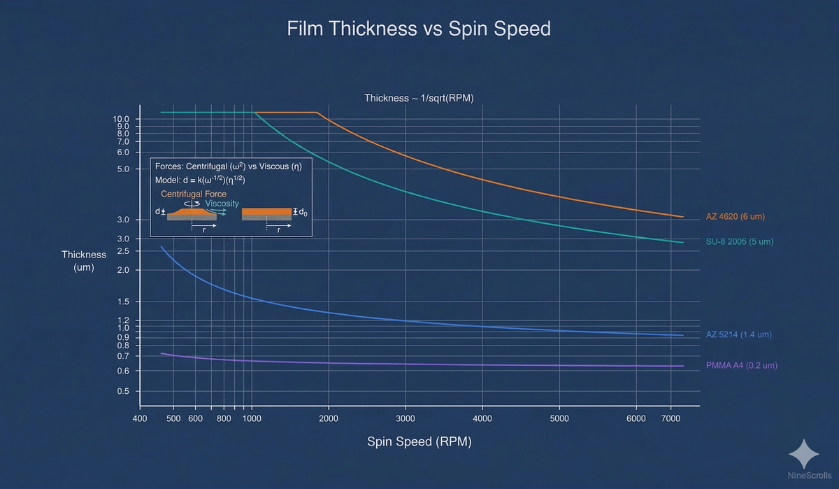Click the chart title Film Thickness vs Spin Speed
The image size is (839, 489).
tap(419, 29)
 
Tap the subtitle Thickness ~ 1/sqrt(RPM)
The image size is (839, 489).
tap(419, 98)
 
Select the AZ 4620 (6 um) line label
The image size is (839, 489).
tap(736, 217)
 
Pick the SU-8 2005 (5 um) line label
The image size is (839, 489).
tap(740, 242)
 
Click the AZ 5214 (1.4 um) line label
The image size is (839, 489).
tap(738, 335)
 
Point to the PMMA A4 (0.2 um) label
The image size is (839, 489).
tap(742, 366)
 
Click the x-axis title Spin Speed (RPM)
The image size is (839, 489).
tap(419, 442)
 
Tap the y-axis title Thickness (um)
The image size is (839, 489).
tap(84, 261)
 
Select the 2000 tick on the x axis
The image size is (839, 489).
tap(329, 419)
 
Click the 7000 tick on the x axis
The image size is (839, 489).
tap(671, 419)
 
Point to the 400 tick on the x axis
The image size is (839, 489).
tap(140, 419)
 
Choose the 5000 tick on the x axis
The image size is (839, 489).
tap(559, 419)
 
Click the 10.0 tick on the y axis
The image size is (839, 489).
tap(122, 120)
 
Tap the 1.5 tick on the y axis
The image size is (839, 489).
tap(123, 302)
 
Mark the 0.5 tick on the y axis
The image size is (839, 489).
tap(123, 392)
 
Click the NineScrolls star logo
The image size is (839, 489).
tap(803, 454)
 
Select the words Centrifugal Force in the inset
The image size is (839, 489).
tap(194, 194)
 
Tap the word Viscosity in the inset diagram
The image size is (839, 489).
tap(222, 204)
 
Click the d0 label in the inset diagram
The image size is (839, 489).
tap(302, 212)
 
